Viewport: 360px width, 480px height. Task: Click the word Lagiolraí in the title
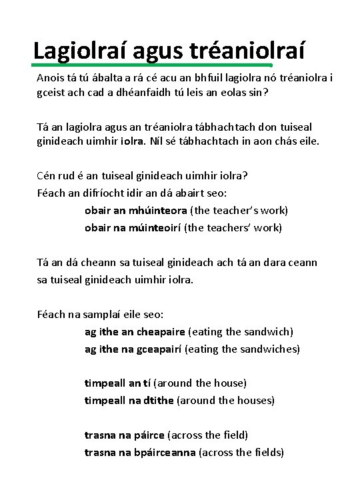pyautogui.click(x=79, y=49)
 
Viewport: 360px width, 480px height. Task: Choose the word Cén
pyautogui.click(x=47, y=176)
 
